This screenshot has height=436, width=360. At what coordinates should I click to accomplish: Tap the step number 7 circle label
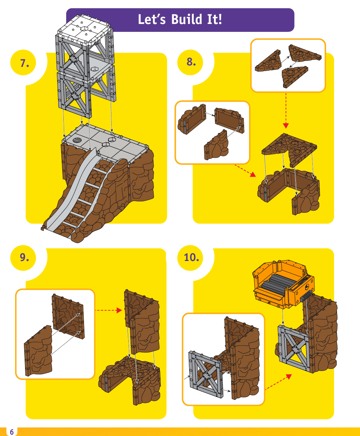click(x=24, y=63)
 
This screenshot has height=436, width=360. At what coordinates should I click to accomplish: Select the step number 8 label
click(x=191, y=62)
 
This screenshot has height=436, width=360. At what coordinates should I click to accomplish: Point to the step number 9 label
click(x=24, y=257)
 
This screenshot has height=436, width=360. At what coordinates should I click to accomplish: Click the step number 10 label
click(x=191, y=257)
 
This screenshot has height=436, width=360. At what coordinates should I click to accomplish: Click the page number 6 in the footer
click(x=12, y=432)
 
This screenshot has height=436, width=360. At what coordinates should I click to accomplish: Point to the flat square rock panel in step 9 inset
click(x=68, y=317)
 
